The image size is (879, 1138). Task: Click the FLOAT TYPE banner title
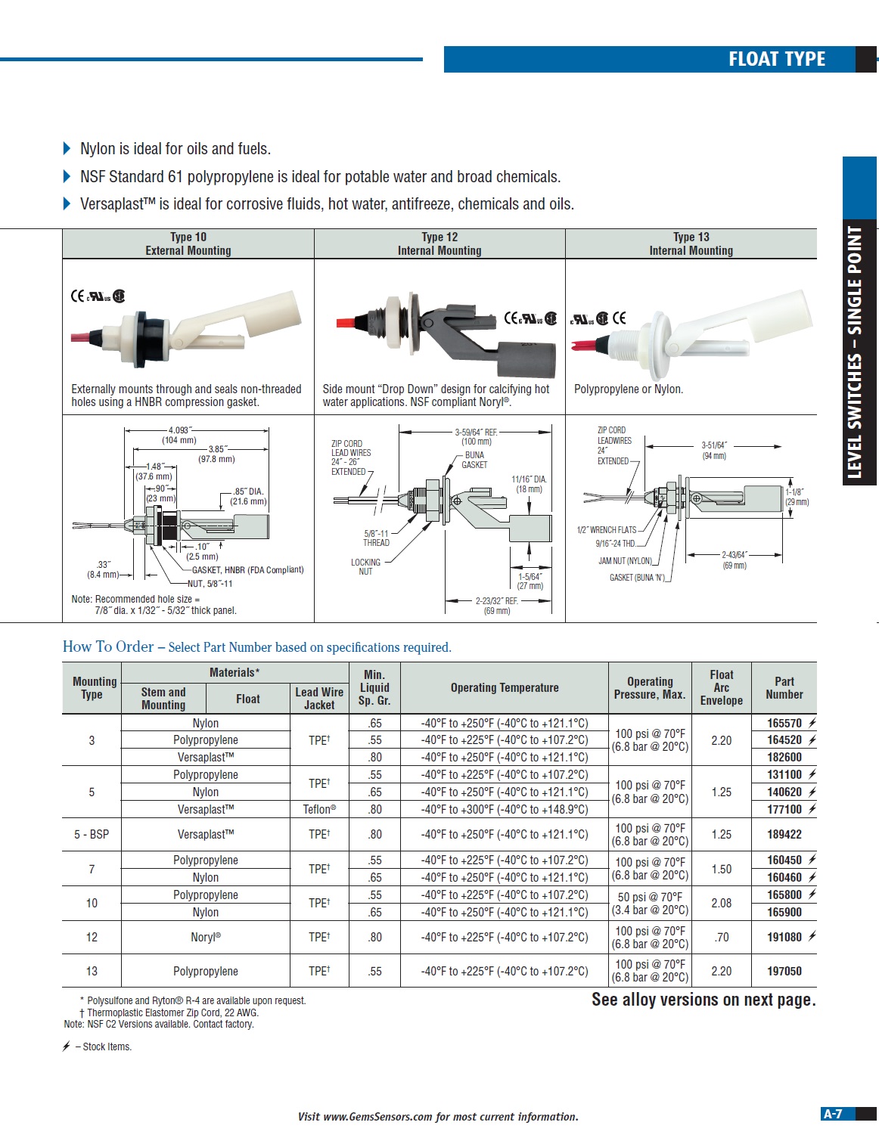point(776,59)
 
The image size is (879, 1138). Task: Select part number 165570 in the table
point(784,723)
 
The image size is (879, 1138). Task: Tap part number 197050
point(784,971)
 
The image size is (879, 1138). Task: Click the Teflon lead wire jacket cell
point(319,809)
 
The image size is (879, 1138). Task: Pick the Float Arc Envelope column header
point(721,687)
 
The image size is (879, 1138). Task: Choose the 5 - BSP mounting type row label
point(92,834)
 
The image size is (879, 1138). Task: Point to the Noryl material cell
point(206,937)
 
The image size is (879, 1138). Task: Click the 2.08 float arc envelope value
point(721,903)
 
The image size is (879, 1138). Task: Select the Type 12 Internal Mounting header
point(439,243)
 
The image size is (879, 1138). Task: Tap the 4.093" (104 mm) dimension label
point(179,435)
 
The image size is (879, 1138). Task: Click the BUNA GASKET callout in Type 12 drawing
point(474,460)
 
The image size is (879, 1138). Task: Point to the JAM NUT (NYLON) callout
point(625,561)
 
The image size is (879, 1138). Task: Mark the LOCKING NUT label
point(365,566)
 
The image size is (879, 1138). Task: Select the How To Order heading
point(108,647)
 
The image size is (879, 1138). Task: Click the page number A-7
point(833,1114)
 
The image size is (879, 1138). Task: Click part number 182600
point(784,757)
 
